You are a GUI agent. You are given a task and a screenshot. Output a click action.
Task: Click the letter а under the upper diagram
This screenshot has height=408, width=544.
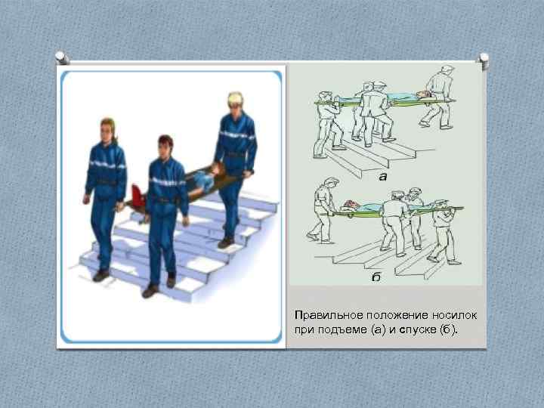tap(382, 178)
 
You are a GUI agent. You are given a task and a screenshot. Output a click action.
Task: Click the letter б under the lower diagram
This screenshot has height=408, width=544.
tap(376, 277)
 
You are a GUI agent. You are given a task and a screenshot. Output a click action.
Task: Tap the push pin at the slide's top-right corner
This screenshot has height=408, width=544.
tap(482, 57)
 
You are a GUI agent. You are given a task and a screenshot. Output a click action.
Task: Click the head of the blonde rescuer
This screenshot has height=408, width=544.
tap(234, 103)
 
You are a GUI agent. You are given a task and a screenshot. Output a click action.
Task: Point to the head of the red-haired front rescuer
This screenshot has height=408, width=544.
tap(165, 145)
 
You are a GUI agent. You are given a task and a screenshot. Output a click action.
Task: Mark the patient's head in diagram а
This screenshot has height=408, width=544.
tap(426, 94)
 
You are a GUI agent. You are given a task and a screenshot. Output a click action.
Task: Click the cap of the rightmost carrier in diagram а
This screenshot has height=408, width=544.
tap(447, 70)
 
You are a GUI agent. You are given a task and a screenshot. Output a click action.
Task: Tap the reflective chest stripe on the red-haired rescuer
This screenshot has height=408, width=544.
tap(167, 182)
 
